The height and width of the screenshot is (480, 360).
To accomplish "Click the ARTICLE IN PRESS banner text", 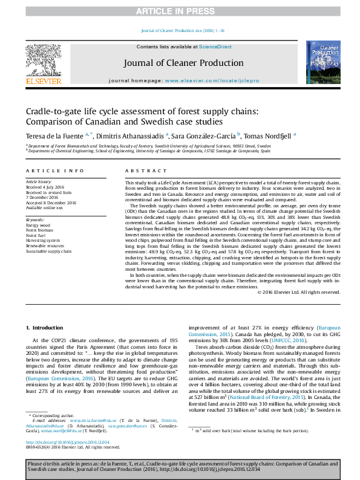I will pyautogui.click(x=180, y=11).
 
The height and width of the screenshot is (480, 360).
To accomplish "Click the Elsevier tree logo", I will pyautogui.click(x=43, y=60).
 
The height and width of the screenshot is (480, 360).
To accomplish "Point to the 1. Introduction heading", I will pyautogui.click(x=47, y=327).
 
